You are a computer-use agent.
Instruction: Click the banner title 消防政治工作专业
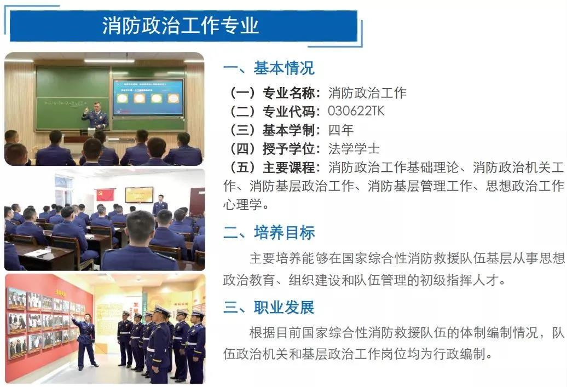pyautogui.click(x=180, y=25)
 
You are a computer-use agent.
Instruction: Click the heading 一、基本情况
pyautogui.click(x=269, y=68)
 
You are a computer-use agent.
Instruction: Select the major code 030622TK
pyautogui.click(x=356, y=111)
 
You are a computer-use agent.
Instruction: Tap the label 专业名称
pyautogui.click(x=288, y=93)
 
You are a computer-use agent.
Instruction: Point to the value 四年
pyautogui.click(x=341, y=130)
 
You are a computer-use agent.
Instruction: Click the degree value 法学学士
pyautogui.click(x=354, y=149)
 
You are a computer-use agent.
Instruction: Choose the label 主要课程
pyautogui.click(x=288, y=167)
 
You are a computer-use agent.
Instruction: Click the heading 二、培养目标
pyautogui.click(x=269, y=232)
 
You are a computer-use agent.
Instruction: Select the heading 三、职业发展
pyautogui.click(x=269, y=308)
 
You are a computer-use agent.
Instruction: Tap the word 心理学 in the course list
pyautogui.click(x=242, y=205)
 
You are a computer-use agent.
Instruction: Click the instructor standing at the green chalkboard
pyautogui.click(x=95, y=115)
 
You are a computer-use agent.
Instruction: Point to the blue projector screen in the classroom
pyautogui.click(x=148, y=97)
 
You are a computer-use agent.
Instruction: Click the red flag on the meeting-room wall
pyautogui.click(x=105, y=194)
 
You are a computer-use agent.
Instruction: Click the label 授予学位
pyautogui.click(x=288, y=149)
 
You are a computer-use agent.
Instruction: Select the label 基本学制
pyautogui.click(x=288, y=130)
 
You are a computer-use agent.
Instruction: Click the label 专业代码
pyautogui.click(x=288, y=111)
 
